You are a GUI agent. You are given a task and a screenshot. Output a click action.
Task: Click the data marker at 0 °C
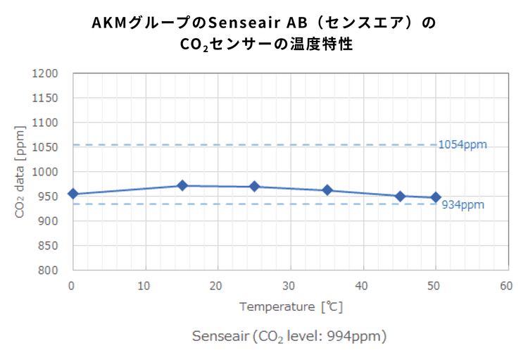(x=73, y=194)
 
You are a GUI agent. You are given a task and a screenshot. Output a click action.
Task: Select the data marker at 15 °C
(x=182, y=185)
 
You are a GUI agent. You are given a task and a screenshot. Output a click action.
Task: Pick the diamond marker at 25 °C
(x=255, y=187)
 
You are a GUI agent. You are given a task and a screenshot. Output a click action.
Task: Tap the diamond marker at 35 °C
(x=327, y=190)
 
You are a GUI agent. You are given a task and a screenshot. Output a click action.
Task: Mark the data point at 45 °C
(x=400, y=197)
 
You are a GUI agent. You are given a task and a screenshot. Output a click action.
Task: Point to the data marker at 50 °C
(x=436, y=197)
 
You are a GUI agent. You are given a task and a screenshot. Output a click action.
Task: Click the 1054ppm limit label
(x=462, y=145)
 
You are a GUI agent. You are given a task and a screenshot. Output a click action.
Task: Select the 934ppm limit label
(x=463, y=205)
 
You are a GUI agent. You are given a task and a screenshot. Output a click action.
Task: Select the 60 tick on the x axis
(x=506, y=286)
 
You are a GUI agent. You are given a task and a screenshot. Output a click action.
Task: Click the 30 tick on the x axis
(x=289, y=286)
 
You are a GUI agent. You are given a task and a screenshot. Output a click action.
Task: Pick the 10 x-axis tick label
(x=145, y=286)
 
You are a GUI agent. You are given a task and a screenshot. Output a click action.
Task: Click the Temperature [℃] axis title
(x=290, y=307)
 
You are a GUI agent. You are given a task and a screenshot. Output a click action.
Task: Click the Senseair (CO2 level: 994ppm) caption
(x=289, y=336)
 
